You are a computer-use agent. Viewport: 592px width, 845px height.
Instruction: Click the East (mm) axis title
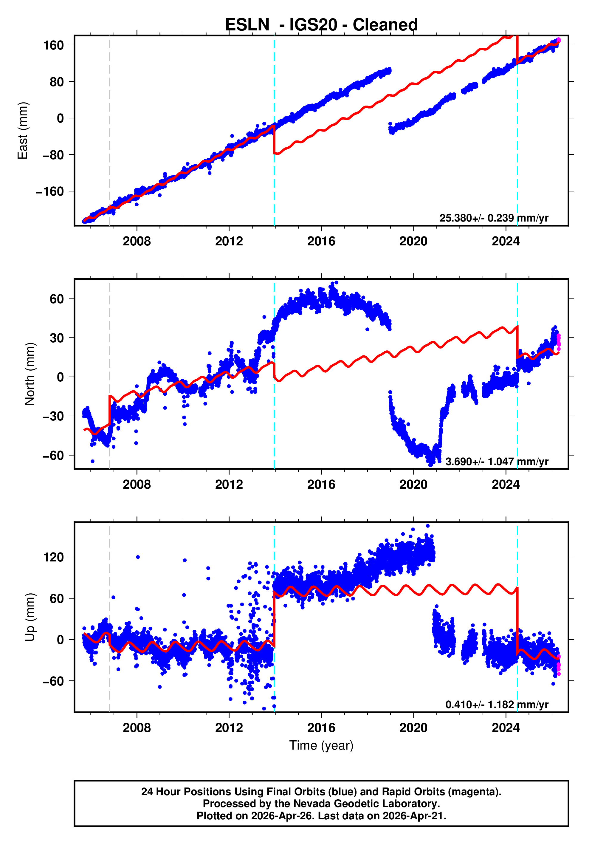(23, 131)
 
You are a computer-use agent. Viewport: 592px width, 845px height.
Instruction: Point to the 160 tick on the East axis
(54, 45)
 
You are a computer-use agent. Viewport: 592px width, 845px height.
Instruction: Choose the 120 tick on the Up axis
(54, 557)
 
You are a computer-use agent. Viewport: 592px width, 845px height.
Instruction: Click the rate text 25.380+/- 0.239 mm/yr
(493, 218)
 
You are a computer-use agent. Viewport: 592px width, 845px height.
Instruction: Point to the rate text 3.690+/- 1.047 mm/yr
(496, 462)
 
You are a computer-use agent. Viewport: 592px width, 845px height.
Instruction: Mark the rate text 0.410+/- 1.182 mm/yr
(496, 704)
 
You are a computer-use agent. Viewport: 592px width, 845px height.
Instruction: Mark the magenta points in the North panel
(559, 340)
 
